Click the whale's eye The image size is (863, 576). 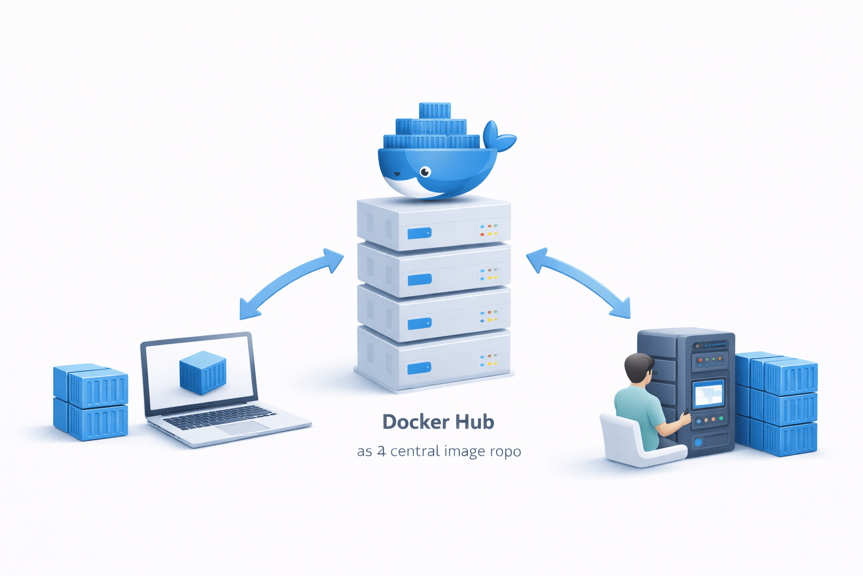point(425,172)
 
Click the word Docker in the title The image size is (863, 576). point(415,422)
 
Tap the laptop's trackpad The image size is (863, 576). point(243,428)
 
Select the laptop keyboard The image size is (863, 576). point(219,417)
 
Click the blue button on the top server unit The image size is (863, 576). point(419,233)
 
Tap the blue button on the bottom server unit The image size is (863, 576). point(419,368)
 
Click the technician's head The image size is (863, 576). point(638,368)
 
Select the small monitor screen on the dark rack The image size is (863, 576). point(708,394)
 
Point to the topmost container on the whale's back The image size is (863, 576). point(434,110)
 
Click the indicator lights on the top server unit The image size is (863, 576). point(488,229)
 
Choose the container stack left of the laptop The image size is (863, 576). point(90,402)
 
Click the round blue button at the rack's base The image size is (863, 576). point(698,442)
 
